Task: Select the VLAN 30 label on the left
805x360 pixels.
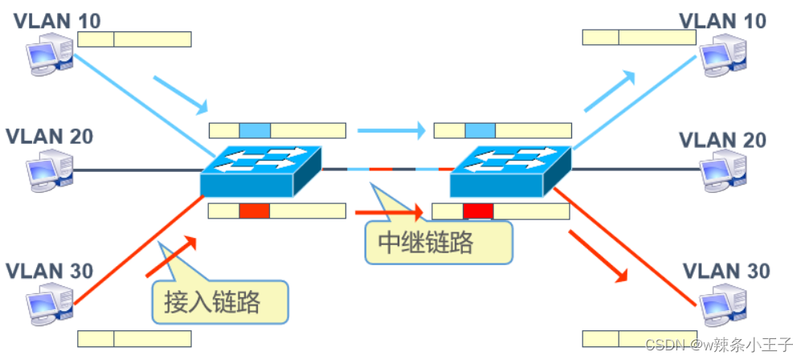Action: click(49, 268)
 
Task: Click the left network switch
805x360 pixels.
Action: click(261, 170)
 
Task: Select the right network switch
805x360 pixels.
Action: click(510, 170)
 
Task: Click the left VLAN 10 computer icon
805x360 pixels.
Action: click(49, 57)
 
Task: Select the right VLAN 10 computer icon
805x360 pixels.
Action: click(722, 58)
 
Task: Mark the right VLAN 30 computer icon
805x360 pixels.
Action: click(722, 305)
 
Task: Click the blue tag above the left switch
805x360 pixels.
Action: click(255, 130)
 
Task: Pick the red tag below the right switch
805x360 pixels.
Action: click(478, 211)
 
